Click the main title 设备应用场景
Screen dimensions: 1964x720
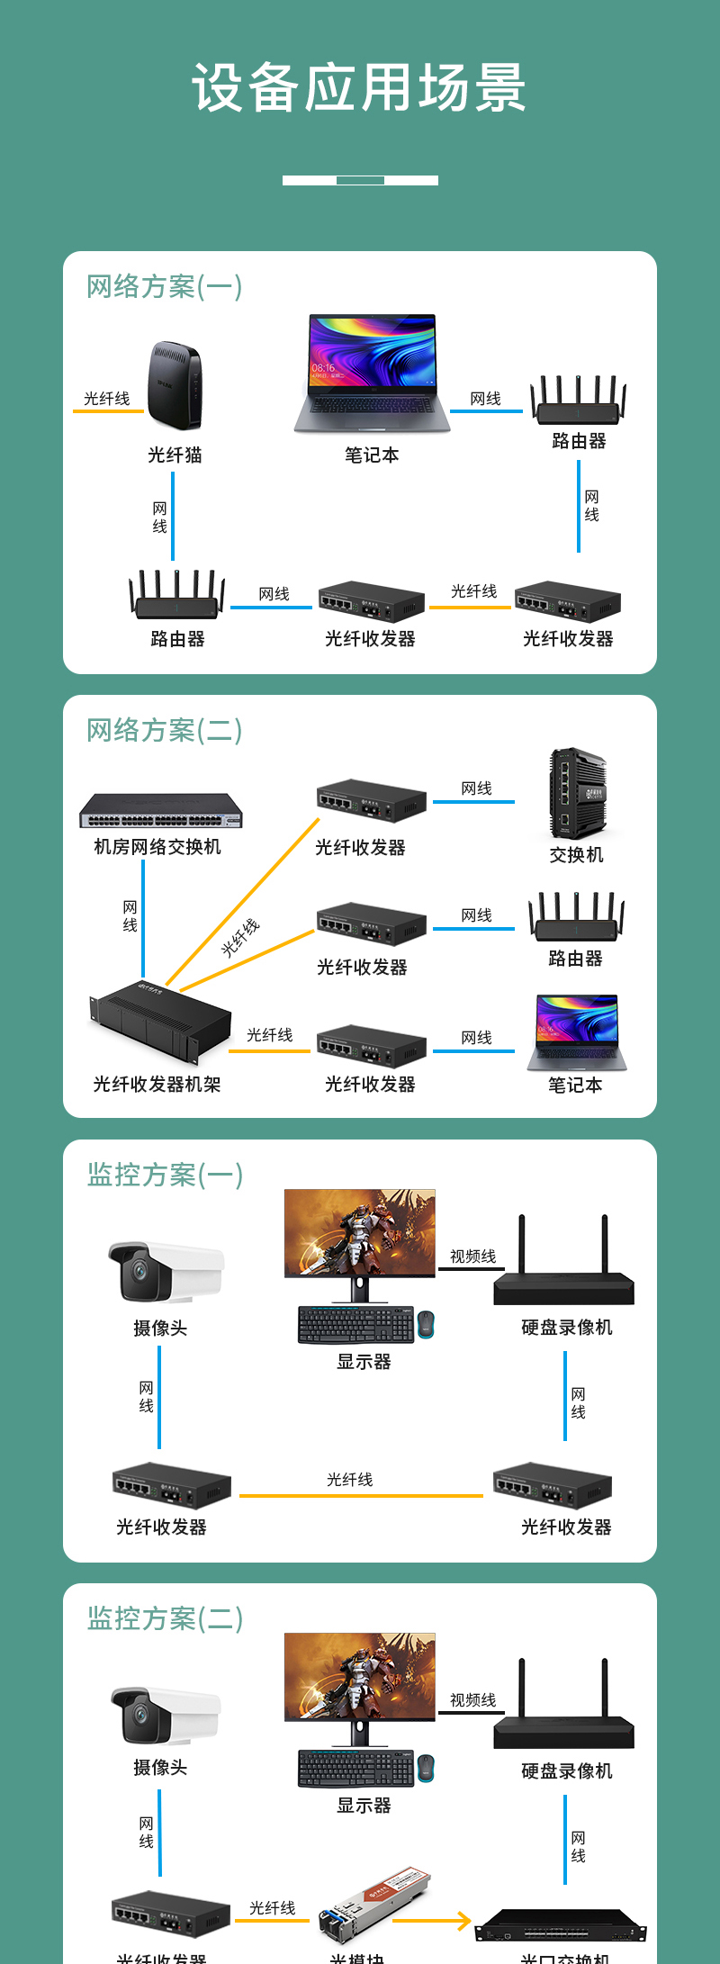pos(359,88)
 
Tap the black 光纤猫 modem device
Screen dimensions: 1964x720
pos(175,385)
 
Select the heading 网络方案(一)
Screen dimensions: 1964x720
pos(164,287)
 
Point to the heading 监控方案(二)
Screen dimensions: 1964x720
pos(165,1618)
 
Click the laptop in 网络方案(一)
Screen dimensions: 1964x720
pos(372,374)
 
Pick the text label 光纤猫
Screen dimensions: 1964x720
pos(175,455)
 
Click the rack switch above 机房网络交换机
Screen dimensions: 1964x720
pos(161,810)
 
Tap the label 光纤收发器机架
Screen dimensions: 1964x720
pos(157,1085)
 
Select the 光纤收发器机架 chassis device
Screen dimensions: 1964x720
pos(160,1022)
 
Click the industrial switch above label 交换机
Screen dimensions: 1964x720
pos(577,793)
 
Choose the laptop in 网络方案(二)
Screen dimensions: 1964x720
pos(577,1032)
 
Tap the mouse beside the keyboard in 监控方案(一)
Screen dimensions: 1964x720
pos(426,1324)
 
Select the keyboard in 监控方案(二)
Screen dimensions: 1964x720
pos(356,1769)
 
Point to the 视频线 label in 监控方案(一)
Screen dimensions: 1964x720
pos(472,1257)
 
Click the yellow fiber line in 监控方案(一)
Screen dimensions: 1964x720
pos(361,1496)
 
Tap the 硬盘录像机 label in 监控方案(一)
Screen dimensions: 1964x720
pos(566,1328)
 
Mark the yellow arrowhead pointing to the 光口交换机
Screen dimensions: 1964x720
pos(463,1922)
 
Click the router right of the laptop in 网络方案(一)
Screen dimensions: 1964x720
pos(578,401)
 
